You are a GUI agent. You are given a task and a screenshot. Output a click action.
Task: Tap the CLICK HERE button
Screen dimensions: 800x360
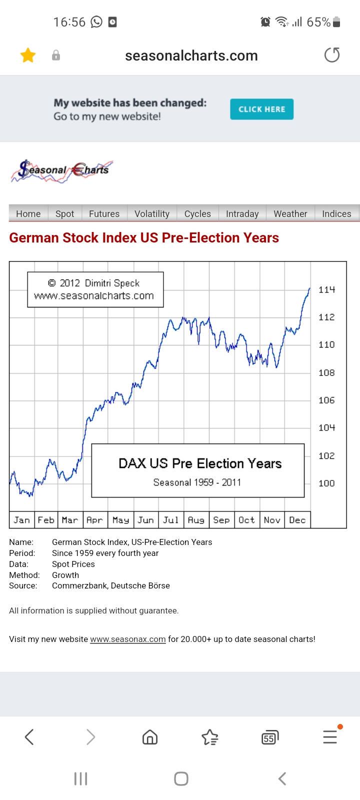261,109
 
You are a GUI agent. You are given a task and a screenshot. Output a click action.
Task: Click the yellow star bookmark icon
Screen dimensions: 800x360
28,55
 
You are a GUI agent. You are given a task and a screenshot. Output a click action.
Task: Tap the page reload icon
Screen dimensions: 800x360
332,55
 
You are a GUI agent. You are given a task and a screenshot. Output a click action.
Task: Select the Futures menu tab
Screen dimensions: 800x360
104,213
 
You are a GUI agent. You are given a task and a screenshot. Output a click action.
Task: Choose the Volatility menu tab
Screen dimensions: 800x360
152,213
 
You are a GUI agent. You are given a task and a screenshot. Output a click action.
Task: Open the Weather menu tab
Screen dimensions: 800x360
290,213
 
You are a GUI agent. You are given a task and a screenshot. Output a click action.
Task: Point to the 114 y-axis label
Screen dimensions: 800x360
326,289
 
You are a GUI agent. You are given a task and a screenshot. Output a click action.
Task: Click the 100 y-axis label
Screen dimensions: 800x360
326,483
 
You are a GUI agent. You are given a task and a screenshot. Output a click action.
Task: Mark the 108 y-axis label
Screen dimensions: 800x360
326,372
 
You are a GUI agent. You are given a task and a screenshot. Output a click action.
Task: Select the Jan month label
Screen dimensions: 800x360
22,520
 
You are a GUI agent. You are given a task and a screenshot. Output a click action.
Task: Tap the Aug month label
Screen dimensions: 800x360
196,520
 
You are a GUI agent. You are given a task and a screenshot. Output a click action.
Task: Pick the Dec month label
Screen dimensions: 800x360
297,520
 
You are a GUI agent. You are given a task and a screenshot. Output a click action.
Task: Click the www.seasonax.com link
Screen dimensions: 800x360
127,639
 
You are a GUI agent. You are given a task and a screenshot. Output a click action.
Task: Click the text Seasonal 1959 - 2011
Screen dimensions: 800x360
197,482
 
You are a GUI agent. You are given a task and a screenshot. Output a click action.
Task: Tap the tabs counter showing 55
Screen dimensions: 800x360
269,737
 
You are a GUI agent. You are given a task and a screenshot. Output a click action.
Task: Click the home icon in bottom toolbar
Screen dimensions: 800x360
150,737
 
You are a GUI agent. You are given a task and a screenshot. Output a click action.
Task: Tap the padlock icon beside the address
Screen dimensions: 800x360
56,55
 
